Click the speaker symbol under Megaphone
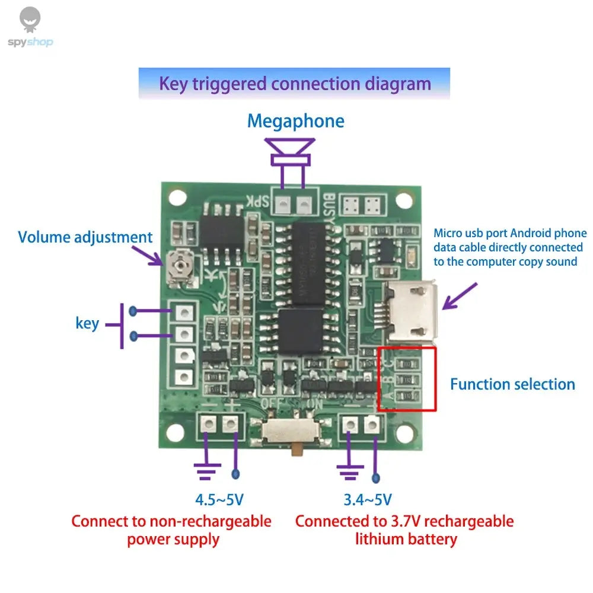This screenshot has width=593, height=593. point(291,153)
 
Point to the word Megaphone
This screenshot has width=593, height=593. point(295,121)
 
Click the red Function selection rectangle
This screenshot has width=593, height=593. point(408,379)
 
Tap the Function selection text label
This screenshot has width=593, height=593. point(512,384)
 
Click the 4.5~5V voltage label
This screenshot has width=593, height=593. point(219,500)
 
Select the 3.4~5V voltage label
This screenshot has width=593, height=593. point(367,500)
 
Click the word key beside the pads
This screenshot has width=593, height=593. point(87,324)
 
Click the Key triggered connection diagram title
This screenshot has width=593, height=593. point(295,83)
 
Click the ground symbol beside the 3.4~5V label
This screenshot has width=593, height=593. point(350,470)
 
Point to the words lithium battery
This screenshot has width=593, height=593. point(406,539)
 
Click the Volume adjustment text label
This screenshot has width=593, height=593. point(85,238)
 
